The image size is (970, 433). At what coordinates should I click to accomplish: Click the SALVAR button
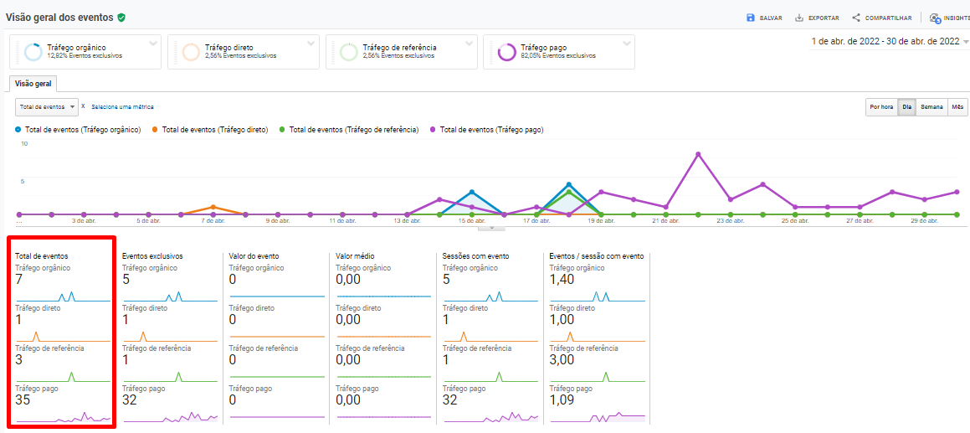pyautogui.click(x=765, y=18)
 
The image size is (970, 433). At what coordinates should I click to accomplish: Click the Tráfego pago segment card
pyautogui.click(x=558, y=52)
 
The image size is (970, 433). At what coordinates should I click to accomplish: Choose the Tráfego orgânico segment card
pyautogui.click(x=85, y=52)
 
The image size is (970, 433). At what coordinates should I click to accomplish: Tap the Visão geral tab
pyautogui.click(x=33, y=84)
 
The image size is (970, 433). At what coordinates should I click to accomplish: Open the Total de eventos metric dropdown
pyautogui.click(x=47, y=107)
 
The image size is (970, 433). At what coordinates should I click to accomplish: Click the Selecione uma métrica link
pyautogui.click(x=122, y=107)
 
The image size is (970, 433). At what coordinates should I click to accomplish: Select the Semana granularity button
pyautogui.click(x=932, y=107)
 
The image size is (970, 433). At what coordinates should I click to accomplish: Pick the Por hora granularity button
pyautogui.click(x=880, y=107)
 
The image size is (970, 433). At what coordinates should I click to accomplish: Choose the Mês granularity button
pyautogui.click(x=957, y=107)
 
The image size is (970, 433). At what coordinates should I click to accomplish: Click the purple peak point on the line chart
pyautogui.click(x=698, y=154)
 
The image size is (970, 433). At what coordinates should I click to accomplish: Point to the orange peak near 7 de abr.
pyautogui.click(x=213, y=207)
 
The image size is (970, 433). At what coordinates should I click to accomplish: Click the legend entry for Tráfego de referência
pyautogui.click(x=353, y=130)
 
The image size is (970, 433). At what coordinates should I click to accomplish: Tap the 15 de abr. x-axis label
pyautogui.click(x=472, y=221)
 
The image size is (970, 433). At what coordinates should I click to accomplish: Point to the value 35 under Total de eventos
pyautogui.click(x=23, y=399)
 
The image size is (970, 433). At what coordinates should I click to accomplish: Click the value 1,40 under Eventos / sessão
pyautogui.click(x=562, y=280)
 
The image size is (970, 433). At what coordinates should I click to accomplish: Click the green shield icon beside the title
pyautogui.click(x=121, y=17)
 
